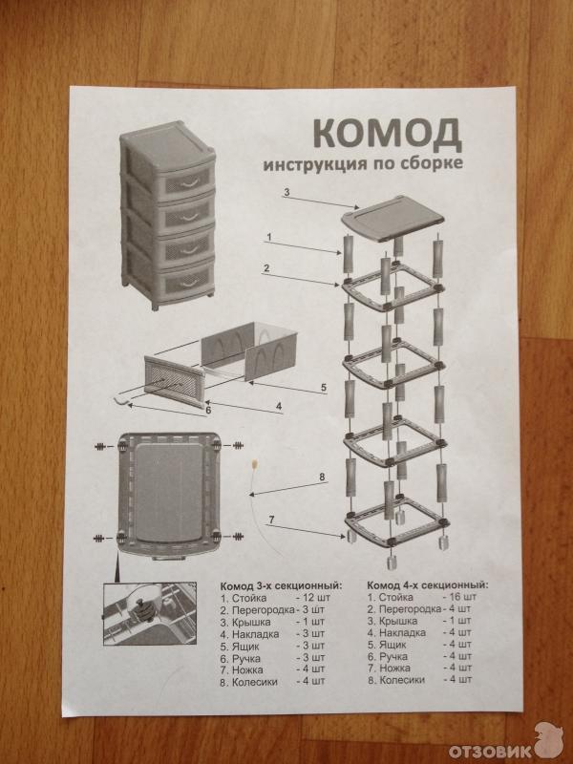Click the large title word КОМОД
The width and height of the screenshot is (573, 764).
point(387,134)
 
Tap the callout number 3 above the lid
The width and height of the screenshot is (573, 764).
point(286,193)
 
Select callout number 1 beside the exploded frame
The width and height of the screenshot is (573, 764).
point(269,238)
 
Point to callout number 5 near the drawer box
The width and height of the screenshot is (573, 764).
point(324,388)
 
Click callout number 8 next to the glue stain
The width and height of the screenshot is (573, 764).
point(322,477)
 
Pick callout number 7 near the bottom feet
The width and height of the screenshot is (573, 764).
point(271,520)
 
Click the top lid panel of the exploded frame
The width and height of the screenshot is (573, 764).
point(393,219)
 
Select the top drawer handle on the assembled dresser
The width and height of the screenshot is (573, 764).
point(188,182)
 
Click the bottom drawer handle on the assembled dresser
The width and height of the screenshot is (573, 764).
point(188,282)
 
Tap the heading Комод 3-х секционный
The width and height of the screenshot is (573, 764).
point(281,585)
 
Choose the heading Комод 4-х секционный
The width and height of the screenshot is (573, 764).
point(427,585)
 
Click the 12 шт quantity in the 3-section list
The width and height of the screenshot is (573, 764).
point(313,598)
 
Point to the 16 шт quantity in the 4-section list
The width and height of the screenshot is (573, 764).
point(459,596)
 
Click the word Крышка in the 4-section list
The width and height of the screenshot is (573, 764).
point(398,621)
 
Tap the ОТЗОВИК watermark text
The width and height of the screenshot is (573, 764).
point(490,751)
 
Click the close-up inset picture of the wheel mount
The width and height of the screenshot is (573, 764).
point(150,613)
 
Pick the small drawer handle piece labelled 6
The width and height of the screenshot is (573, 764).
point(121,400)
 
